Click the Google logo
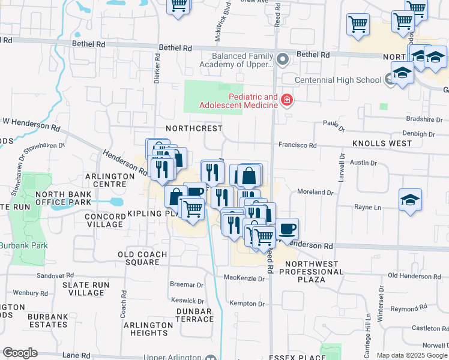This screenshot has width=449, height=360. click(x=20, y=353)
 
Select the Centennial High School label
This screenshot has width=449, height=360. click(x=338, y=80)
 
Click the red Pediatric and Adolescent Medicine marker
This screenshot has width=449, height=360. click(x=287, y=100)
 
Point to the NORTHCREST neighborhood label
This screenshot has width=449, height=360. click(x=193, y=128)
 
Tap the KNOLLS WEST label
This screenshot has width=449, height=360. click(x=382, y=143)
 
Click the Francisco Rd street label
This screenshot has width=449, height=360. click(x=297, y=145)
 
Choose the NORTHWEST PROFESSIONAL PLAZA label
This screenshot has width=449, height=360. click(x=314, y=272)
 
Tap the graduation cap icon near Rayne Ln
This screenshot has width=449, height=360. click(x=411, y=200)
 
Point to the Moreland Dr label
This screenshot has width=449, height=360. click(x=315, y=192)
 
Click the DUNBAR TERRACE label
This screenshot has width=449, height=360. click(x=194, y=315)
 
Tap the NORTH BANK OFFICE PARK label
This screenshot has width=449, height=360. click(x=62, y=199)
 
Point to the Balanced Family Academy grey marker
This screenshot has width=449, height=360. click(x=283, y=59)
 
